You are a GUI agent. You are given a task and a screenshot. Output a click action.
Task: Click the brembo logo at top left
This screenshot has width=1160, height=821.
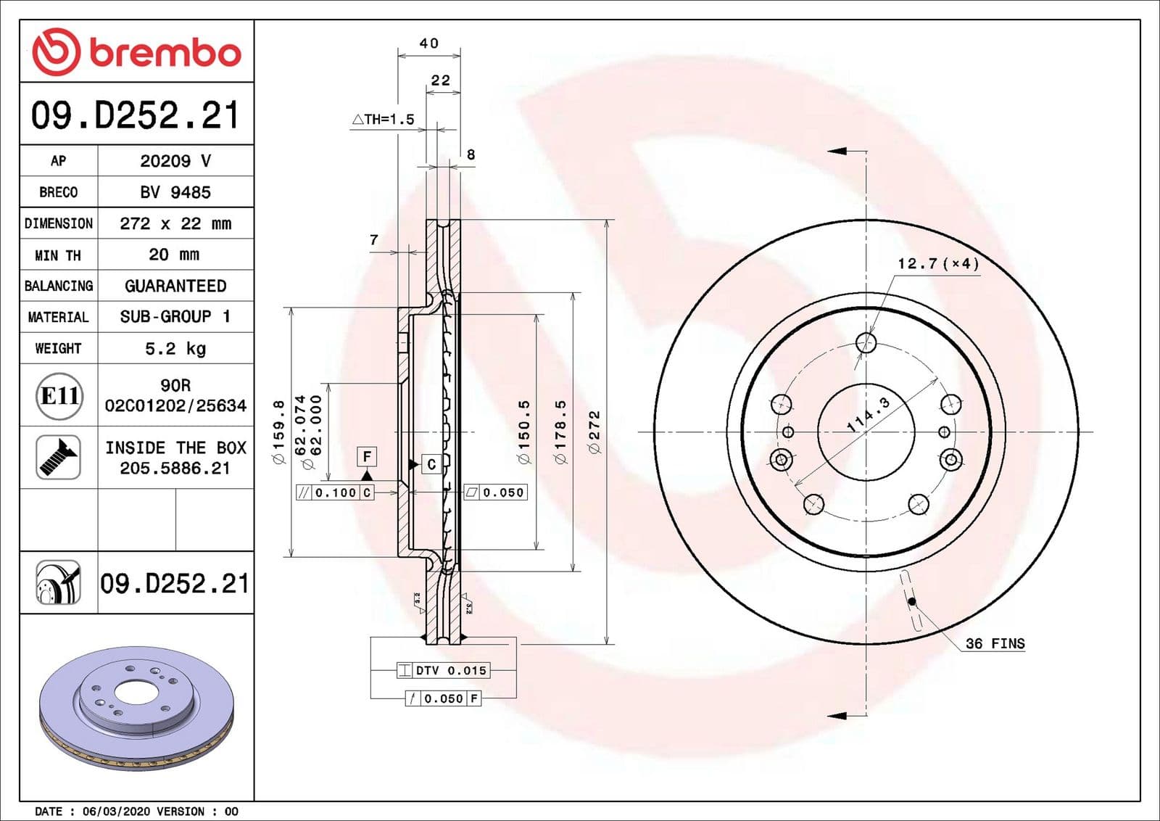click(x=136, y=52)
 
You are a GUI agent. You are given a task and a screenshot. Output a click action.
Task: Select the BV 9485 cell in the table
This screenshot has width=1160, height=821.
click(x=175, y=192)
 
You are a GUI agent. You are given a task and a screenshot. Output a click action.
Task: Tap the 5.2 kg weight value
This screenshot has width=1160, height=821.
click(x=175, y=348)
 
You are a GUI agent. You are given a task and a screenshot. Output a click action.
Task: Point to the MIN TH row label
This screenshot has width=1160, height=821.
click(x=58, y=255)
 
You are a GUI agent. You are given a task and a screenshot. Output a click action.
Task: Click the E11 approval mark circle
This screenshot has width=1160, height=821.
click(x=59, y=396)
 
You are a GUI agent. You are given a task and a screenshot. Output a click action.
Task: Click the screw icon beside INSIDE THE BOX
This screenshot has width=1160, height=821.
click(x=58, y=457)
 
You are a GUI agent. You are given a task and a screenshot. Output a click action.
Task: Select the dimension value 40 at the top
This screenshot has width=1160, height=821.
click(x=429, y=44)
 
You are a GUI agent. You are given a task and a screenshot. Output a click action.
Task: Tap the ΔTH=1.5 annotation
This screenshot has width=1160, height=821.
click(x=384, y=120)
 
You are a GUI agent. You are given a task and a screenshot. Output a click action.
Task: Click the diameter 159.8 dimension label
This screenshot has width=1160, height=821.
click(x=278, y=432)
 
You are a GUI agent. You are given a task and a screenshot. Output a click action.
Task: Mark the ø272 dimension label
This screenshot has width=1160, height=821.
click(x=594, y=432)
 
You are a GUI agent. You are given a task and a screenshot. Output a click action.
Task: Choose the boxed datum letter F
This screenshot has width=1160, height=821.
click(x=367, y=456)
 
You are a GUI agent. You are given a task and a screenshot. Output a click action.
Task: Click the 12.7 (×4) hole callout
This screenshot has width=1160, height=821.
click(x=938, y=264)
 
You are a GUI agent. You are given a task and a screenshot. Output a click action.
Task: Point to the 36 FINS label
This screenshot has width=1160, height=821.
click(x=995, y=643)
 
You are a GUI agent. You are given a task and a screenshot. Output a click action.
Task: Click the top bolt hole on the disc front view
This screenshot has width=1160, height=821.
click(x=866, y=342)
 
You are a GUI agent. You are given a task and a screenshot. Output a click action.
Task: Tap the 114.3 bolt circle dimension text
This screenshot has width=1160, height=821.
click(x=868, y=416)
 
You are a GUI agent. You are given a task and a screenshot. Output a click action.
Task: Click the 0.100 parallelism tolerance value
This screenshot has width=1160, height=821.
click(x=336, y=492)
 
